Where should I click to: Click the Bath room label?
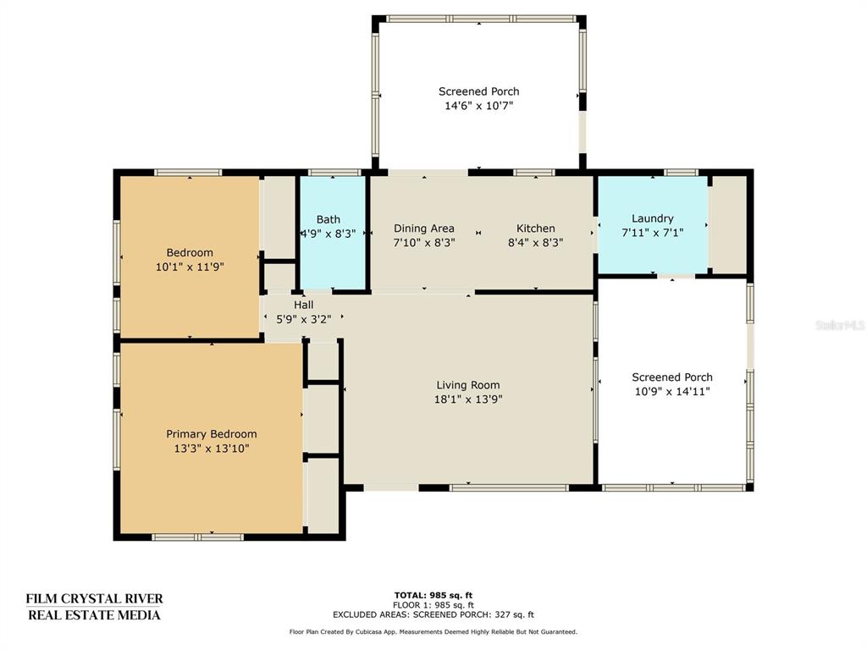click(329, 219)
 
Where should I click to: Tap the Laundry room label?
click(653, 218)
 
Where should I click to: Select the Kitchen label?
click(535, 229)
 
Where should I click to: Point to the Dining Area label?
click(424, 229)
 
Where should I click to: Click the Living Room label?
click(467, 385)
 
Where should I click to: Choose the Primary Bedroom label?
click(211, 434)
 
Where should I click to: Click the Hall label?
click(304, 305)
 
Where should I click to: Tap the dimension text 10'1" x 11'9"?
click(190, 267)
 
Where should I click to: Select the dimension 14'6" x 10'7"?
click(479, 106)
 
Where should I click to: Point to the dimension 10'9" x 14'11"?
click(672, 391)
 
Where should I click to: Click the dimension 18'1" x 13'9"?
click(467, 399)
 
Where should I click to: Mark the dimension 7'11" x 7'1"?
click(653, 233)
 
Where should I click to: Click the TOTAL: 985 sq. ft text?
click(433, 595)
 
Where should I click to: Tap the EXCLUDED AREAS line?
click(433, 614)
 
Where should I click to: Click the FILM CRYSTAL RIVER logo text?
click(95, 598)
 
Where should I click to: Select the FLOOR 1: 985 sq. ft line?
click(433, 605)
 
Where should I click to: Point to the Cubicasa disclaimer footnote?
click(433, 631)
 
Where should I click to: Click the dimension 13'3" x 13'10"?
click(211, 449)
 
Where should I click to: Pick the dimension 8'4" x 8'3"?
click(535, 243)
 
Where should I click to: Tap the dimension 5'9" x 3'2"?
click(304, 319)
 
